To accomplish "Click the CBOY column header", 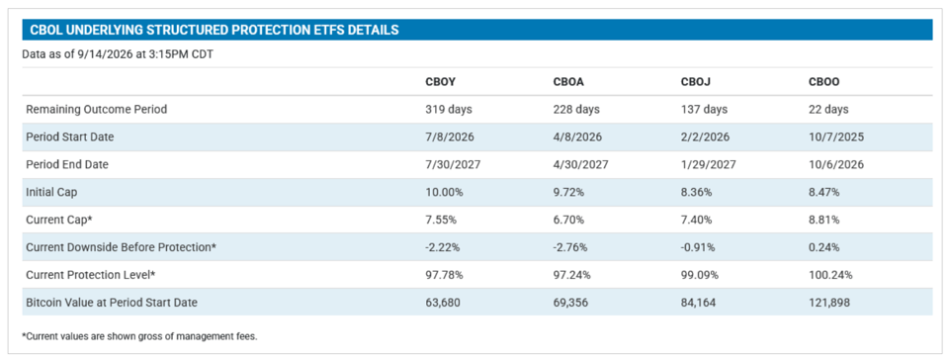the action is [440, 82].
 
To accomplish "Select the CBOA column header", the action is [568, 82].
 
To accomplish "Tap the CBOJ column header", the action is [695, 82].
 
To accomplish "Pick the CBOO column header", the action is [824, 82].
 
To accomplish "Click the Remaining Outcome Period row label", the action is [96, 110].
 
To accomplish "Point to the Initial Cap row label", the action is [50, 192].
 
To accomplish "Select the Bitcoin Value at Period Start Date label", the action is [112, 302].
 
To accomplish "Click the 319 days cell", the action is [449, 110].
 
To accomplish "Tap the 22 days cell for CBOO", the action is [828, 110].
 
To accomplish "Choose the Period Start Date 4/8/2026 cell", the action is [577, 136].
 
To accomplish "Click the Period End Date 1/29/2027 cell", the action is [708, 164].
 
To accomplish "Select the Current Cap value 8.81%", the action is [823, 220].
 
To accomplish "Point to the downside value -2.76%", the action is [569, 247].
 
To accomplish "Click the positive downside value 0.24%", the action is [823, 247].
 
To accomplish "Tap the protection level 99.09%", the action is [700, 275].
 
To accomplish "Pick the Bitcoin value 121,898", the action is [828, 302].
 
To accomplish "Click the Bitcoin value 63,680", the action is [443, 302].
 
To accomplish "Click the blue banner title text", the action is [215, 30].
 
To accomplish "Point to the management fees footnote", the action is [139, 336].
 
